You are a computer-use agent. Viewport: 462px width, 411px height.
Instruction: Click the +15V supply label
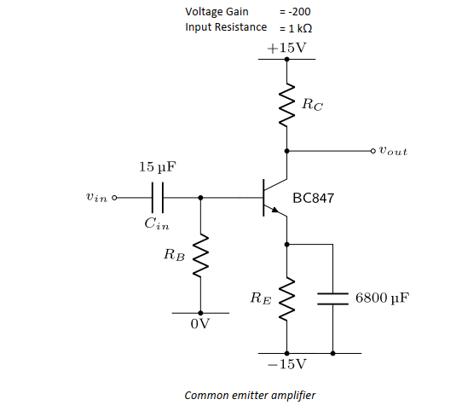point(286,48)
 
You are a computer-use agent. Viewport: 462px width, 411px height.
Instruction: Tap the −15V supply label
point(286,364)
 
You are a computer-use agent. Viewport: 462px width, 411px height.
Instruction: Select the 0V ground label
point(200,325)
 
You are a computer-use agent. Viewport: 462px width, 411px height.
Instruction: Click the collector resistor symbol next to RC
point(287,106)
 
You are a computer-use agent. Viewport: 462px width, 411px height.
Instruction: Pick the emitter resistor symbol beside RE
point(287,298)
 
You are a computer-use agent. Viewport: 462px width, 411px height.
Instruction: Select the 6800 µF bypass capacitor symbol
point(332,298)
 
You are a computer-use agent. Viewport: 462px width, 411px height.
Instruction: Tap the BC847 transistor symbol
point(274,198)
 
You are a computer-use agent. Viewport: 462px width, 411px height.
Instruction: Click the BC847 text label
point(313,198)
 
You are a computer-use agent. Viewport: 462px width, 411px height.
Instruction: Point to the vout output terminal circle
point(372,151)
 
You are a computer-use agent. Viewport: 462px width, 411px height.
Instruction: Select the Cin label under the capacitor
point(156,224)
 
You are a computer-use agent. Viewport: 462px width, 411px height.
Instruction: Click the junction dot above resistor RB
point(200,197)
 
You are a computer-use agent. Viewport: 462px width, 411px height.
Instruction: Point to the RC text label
point(313,105)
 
